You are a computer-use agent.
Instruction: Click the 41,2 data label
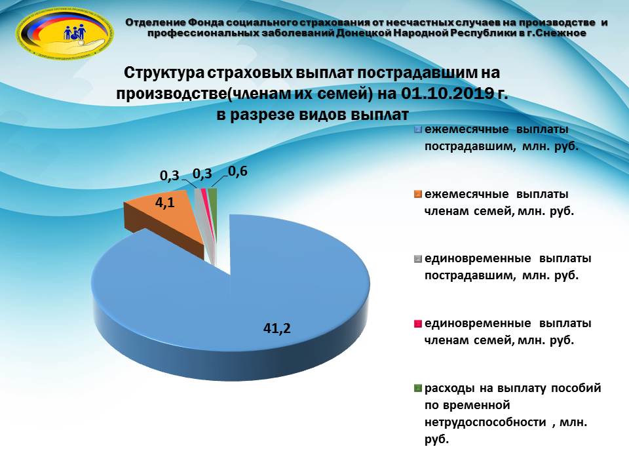click(276, 328)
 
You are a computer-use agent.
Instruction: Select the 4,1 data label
click(165, 203)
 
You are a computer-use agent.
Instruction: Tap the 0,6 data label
click(238, 172)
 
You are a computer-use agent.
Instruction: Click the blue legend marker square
click(418, 130)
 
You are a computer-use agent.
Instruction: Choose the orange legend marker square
click(418, 194)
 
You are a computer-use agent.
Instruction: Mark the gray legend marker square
click(418, 259)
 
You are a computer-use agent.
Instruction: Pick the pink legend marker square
click(418, 323)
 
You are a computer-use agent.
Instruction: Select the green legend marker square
click(418, 388)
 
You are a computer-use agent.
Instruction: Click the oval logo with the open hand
click(64, 34)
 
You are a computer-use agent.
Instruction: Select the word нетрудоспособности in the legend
click(486, 422)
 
